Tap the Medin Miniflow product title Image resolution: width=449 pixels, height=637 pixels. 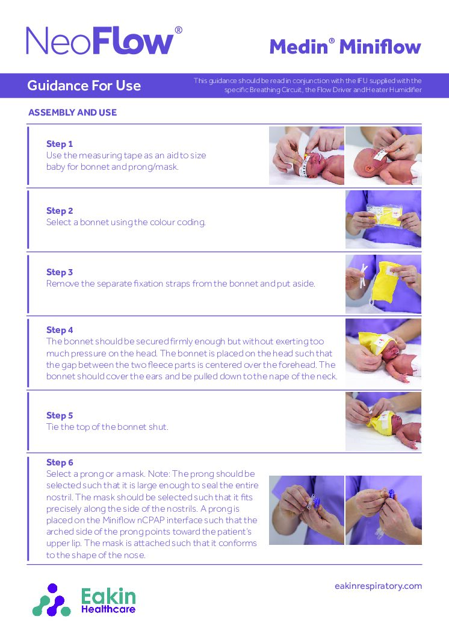(x=345, y=46)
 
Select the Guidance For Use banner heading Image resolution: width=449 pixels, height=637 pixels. (x=84, y=85)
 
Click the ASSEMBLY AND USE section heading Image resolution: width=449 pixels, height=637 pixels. (x=72, y=113)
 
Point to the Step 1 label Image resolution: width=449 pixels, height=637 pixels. (x=60, y=144)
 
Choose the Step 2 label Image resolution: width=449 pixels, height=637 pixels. (x=60, y=211)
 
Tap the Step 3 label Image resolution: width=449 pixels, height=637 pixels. (x=60, y=272)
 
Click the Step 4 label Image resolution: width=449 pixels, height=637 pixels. (x=60, y=330)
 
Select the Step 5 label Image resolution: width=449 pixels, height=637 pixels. (x=60, y=415)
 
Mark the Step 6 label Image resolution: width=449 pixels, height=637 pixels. (x=60, y=462)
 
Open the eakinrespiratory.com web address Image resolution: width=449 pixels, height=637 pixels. (x=378, y=586)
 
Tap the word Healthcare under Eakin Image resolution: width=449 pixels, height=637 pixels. (x=108, y=609)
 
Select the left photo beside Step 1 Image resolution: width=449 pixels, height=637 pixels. (x=306, y=155)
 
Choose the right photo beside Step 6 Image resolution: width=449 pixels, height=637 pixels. (x=383, y=510)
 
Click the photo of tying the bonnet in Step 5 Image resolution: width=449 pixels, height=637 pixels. (x=383, y=421)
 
